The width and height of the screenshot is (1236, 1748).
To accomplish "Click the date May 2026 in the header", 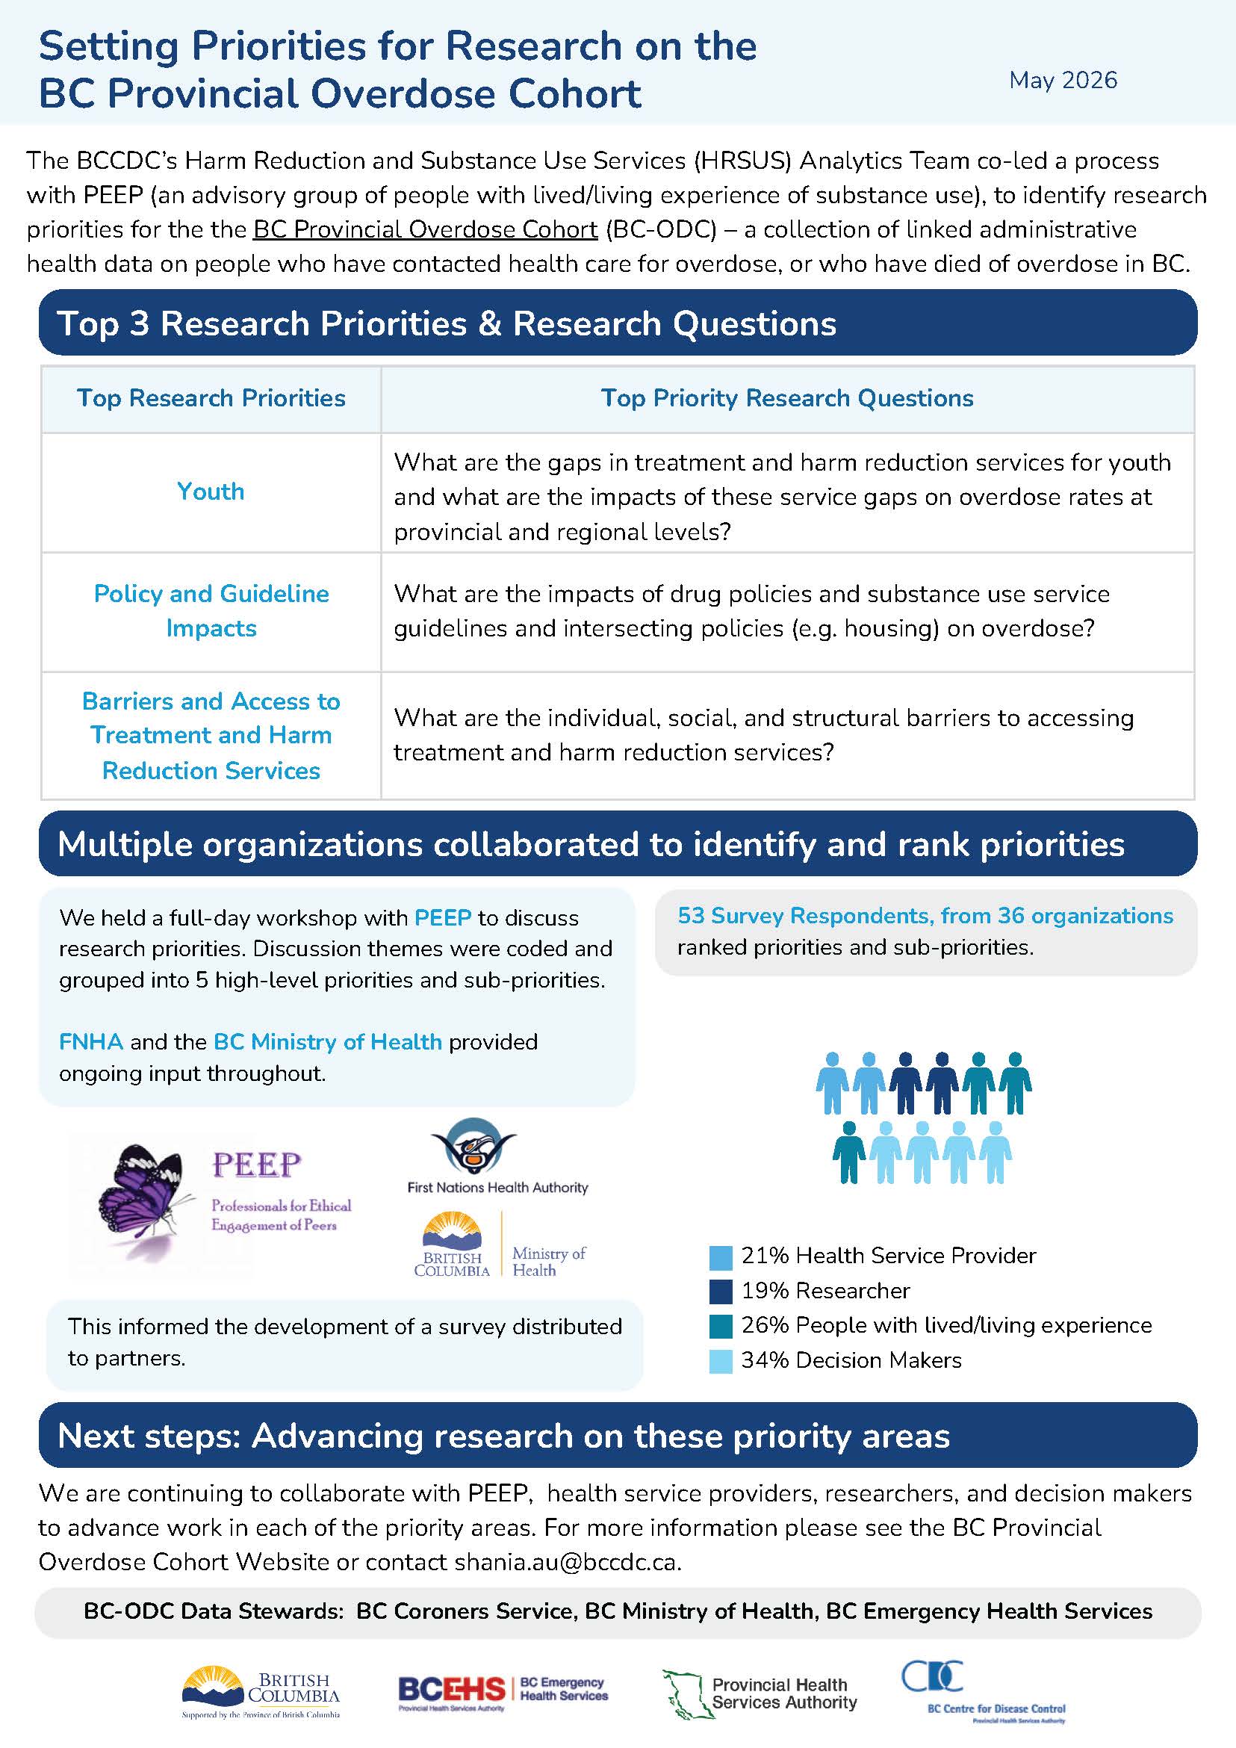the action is [x=1063, y=80].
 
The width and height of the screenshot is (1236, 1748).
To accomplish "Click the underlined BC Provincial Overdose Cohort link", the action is [x=426, y=229].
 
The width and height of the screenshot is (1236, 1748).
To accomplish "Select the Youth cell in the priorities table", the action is [x=211, y=491].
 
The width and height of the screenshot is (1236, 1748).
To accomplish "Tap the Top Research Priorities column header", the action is [x=211, y=397].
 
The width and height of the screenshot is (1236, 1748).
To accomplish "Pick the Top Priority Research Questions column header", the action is [x=787, y=397].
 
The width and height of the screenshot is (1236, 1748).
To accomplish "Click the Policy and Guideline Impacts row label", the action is [x=211, y=610].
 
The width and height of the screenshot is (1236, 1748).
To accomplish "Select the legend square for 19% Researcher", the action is [x=720, y=1292].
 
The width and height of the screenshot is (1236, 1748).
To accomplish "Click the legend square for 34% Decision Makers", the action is [x=720, y=1361].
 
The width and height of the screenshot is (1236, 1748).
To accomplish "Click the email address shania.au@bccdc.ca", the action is [x=565, y=1562].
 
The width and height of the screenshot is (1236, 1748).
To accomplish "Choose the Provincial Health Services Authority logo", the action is [x=760, y=1694].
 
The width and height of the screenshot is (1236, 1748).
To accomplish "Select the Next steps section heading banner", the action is [x=617, y=1436].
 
